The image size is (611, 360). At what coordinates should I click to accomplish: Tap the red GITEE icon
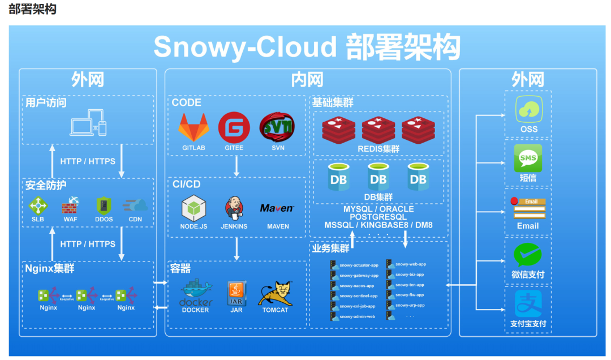click(234, 127)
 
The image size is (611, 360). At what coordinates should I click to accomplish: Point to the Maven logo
click(277, 208)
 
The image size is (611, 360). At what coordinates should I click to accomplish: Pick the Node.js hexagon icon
click(193, 208)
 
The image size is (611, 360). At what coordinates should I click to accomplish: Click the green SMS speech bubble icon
click(528, 158)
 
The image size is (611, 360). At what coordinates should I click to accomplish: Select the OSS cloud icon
click(528, 110)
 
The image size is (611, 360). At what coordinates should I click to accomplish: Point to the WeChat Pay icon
click(528, 255)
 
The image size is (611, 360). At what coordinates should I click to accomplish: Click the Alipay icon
click(528, 305)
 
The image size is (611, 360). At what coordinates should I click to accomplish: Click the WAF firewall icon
click(71, 205)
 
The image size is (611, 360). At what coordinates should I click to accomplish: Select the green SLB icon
click(38, 205)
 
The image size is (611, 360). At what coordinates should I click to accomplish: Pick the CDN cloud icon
click(136, 205)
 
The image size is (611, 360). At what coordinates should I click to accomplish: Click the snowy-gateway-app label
click(359, 275)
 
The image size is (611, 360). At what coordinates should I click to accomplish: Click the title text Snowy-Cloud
click(244, 47)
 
